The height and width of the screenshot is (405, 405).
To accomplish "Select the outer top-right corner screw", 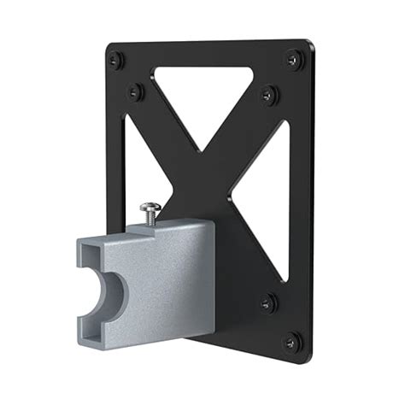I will [293, 59].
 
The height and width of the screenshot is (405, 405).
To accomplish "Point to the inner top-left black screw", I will [134, 89].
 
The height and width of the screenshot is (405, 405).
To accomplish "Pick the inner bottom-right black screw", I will [267, 300].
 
